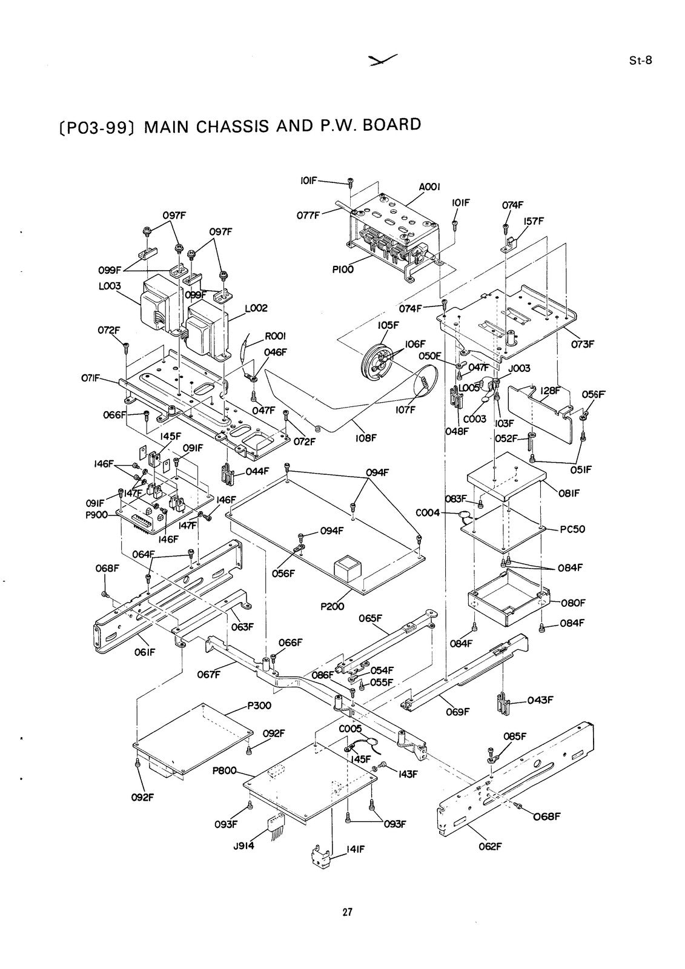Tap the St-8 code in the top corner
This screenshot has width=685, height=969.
pos(640,61)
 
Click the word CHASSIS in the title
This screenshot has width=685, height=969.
pos(228,127)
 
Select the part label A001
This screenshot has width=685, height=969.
pos(429,187)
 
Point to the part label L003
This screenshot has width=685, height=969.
pos(110,286)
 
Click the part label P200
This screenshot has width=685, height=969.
pos(333,606)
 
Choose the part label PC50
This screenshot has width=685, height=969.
pos(572,529)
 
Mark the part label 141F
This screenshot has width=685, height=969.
pos(355,850)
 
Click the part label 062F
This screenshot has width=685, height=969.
pos(490,847)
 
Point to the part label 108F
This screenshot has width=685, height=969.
pos(365,438)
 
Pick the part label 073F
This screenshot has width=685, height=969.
pos(583,344)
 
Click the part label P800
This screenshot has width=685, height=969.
pos(225,770)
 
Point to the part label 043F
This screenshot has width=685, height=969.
pos(540,700)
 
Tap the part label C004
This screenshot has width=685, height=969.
pos(428,512)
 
